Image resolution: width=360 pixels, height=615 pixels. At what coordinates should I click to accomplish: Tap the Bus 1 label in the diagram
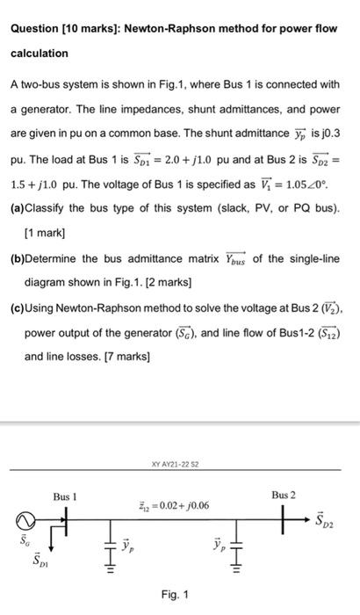[65, 496]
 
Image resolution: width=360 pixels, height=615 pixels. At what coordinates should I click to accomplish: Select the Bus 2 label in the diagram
[283, 496]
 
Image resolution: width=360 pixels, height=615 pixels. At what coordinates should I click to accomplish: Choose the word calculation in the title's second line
[39, 54]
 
